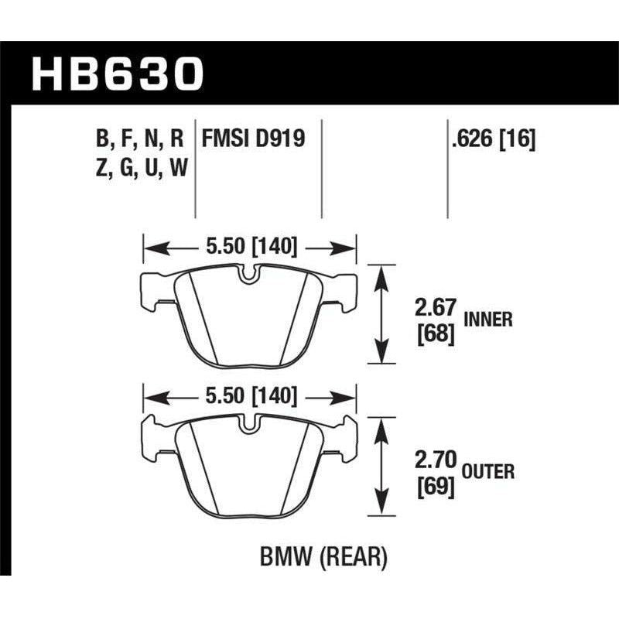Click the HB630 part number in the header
click(x=116, y=76)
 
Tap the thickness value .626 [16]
click(x=493, y=139)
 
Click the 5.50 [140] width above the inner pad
click(x=249, y=248)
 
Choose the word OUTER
click(x=491, y=470)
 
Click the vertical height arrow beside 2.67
click(x=379, y=314)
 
